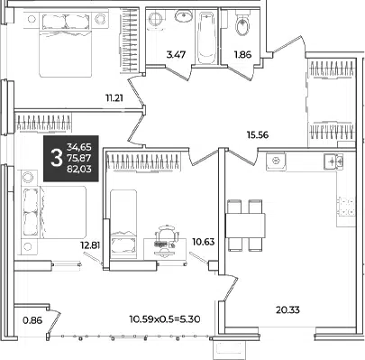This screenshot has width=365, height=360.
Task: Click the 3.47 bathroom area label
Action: (x=176, y=55)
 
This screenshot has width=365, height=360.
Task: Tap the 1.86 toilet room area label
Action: (x=242, y=55)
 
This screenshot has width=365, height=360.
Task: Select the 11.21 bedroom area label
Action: (x=114, y=98)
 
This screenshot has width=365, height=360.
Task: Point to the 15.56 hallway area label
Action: (x=258, y=135)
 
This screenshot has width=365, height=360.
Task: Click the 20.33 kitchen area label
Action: (x=287, y=309)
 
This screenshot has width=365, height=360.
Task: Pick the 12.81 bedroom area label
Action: (x=90, y=245)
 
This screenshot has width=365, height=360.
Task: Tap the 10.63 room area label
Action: (x=205, y=242)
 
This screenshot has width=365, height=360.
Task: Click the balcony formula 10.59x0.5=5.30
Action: (x=165, y=318)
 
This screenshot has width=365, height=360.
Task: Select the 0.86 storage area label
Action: (x=32, y=320)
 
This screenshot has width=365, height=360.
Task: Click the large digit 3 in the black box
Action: (x=56, y=159)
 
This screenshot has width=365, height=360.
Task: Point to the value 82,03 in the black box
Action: (x=79, y=170)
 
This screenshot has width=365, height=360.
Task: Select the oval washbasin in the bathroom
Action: (x=184, y=16)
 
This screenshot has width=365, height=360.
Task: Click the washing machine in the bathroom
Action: (x=156, y=20)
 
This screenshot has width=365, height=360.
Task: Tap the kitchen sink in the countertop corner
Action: (x=333, y=162)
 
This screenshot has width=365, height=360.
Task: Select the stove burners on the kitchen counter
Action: (x=347, y=206)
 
